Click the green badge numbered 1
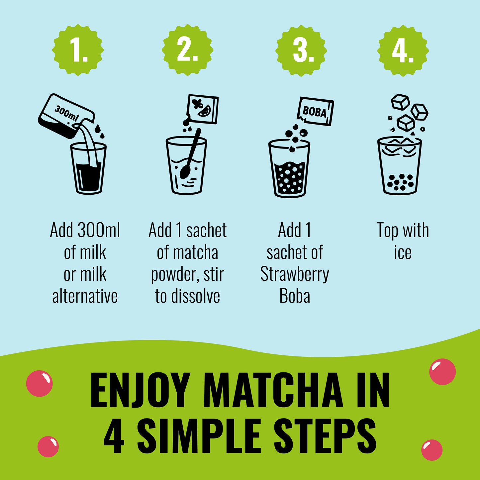[x=78, y=50]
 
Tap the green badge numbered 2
[x=187, y=50]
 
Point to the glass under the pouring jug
[x=88, y=169]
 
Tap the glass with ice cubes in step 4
[x=400, y=166]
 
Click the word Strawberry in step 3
[x=295, y=274]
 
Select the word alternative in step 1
[x=85, y=296]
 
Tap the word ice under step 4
[x=403, y=252]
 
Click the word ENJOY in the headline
[x=140, y=390]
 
